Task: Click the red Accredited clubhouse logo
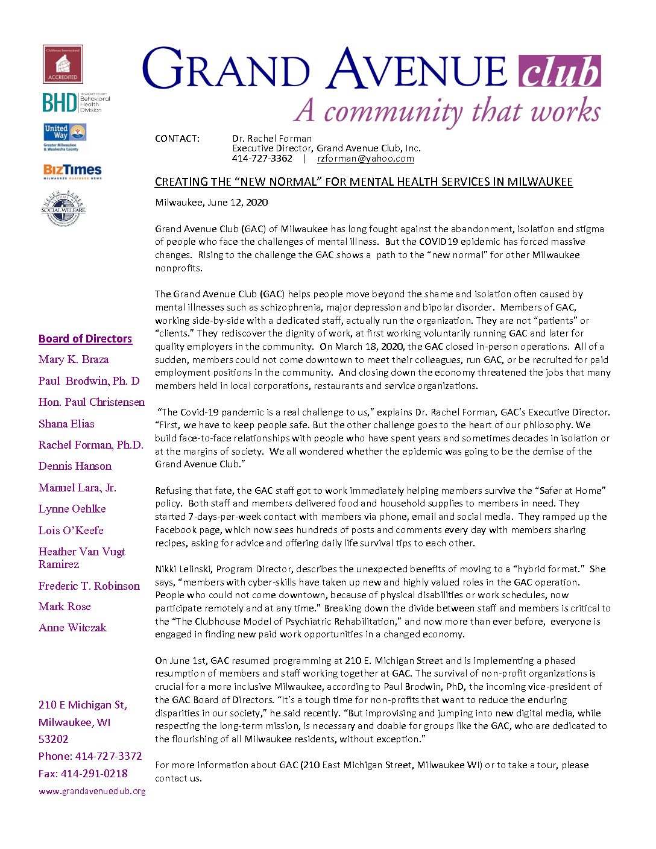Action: (x=63, y=64)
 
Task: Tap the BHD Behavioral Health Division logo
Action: (x=76, y=103)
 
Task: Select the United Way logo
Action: (x=65, y=137)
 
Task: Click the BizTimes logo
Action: (x=72, y=171)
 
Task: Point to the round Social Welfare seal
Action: (x=63, y=209)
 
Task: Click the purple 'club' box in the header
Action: (x=560, y=72)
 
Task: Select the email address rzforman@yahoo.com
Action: (x=365, y=159)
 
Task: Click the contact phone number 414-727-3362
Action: (x=262, y=159)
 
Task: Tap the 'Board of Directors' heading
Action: (x=85, y=338)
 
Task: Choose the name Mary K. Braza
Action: (x=74, y=359)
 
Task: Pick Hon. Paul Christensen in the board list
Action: (x=92, y=402)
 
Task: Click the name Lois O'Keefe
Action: (x=71, y=531)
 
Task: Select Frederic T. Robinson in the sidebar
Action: (x=89, y=586)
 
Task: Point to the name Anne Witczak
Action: (x=72, y=628)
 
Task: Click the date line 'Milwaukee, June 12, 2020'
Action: (x=212, y=203)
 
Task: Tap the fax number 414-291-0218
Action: (x=99, y=774)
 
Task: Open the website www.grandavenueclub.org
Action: (x=92, y=791)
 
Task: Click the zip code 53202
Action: (x=54, y=739)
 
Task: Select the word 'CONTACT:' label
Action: (x=177, y=139)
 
